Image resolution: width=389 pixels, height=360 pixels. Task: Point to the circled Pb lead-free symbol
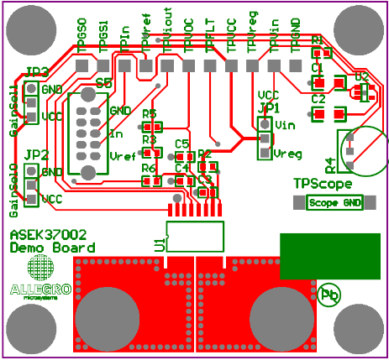point(329,295)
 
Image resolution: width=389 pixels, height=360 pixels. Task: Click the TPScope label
point(322,183)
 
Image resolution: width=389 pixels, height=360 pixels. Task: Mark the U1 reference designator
point(160,244)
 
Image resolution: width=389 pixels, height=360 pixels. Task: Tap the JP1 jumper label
point(268,107)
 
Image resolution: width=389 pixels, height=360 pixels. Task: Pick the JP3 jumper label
point(36,71)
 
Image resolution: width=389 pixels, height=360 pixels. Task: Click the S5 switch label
point(103,82)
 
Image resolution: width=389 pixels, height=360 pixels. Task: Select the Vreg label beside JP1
point(288,153)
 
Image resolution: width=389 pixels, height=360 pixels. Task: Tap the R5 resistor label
point(150,113)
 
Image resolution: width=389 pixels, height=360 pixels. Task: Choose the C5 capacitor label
point(181,144)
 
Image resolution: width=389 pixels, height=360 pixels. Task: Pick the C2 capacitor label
point(318,99)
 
